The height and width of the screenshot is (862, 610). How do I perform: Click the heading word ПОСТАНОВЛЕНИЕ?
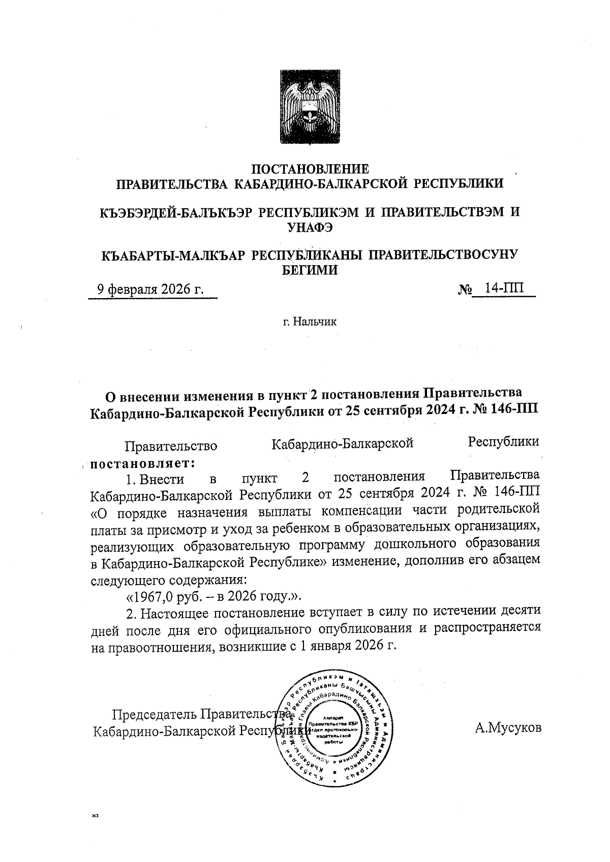[x=311, y=169]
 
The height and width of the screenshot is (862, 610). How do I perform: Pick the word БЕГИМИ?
[x=310, y=270]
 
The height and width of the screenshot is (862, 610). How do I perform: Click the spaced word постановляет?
[x=143, y=463]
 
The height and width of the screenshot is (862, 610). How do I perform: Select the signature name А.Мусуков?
[x=508, y=728]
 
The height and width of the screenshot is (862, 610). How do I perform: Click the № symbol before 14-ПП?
[x=465, y=290]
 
